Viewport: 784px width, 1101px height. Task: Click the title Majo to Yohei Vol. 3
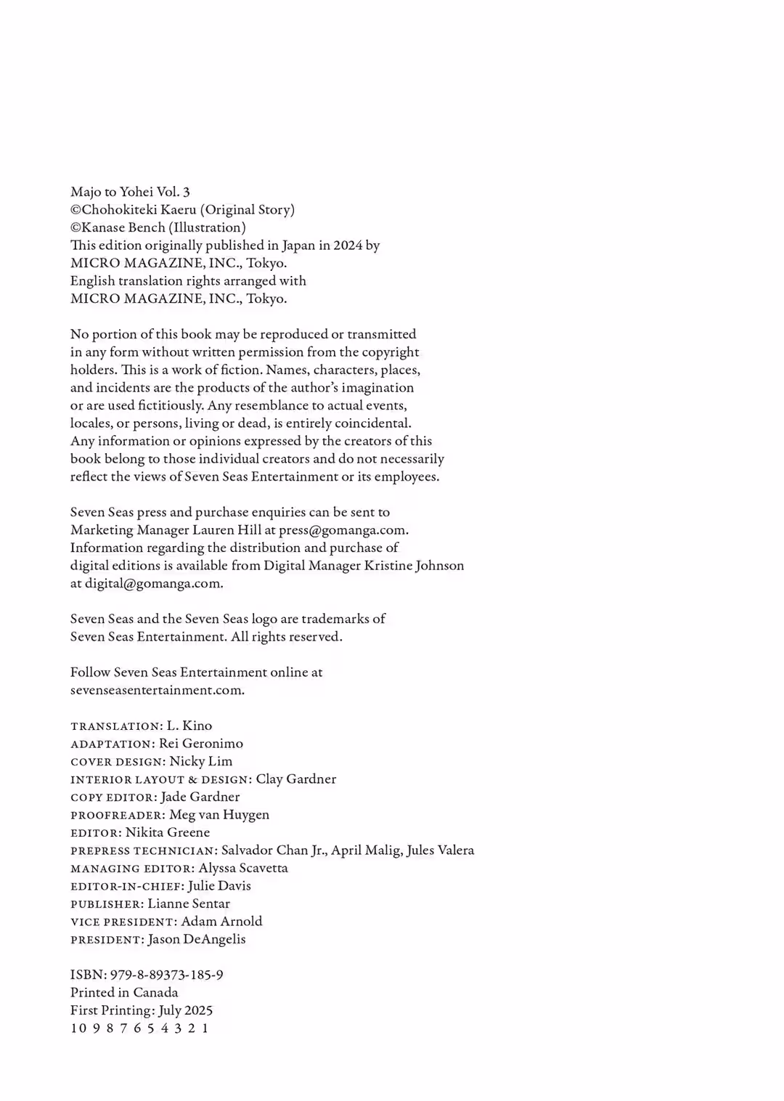click(x=130, y=192)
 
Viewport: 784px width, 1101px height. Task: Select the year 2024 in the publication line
click(x=348, y=245)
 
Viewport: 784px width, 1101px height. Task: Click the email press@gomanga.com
click(x=342, y=530)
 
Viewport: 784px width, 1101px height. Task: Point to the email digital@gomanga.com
click(x=152, y=583)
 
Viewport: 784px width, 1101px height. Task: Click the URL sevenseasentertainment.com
click(x=157, y=690)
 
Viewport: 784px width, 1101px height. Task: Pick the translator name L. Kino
click(x=189, y=726)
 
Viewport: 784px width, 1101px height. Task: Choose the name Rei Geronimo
click(x=201, y=744)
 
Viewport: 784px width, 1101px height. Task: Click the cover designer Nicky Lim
click(x=201, y=761)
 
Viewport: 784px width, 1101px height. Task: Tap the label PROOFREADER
click(x=117, y=816)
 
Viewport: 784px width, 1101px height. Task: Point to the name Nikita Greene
click(x=168, y=832)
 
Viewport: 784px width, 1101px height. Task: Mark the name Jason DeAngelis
click(x=197, y=939)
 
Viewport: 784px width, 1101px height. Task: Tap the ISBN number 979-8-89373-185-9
click(x=166, y=975)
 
